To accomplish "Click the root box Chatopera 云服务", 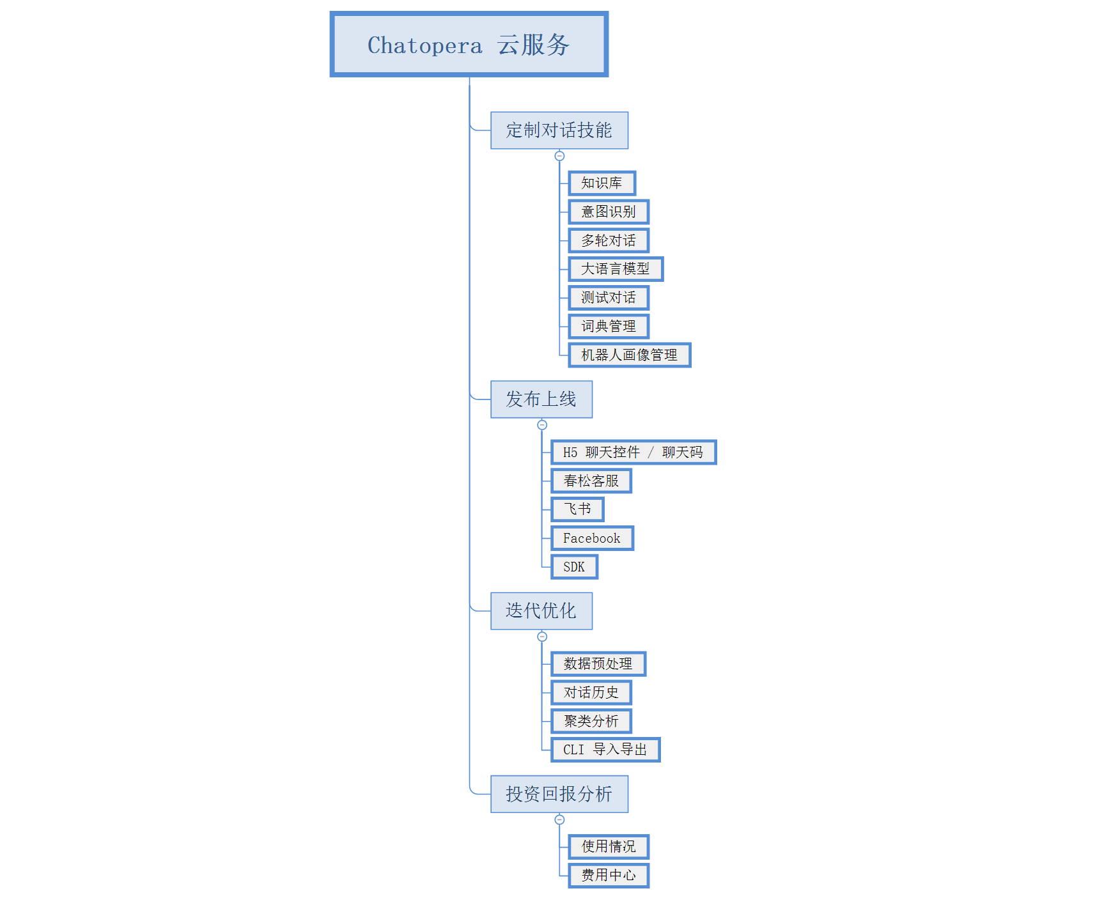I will point(469,45).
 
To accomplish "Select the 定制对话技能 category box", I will point(559,130).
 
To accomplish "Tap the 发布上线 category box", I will point(541,399).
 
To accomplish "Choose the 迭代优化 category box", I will point(541,611).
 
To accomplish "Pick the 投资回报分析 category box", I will point(559,794).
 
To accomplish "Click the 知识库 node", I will point(602,183).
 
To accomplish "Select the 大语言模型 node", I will point(616,269).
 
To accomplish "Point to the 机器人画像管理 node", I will point(629,355).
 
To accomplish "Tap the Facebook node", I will point(592,538).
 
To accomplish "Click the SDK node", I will point(574,567).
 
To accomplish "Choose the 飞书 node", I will point(577,509).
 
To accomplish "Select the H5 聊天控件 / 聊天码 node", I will point(633,453).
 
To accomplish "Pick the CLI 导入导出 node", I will point(605,750).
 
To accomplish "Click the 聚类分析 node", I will point(591,721).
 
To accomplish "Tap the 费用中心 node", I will point(609,875).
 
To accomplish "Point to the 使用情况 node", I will point(609,847).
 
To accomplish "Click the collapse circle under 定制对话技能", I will point(559,156).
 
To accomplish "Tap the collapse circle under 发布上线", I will point(542,425).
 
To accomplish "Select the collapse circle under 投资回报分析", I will point(559,819).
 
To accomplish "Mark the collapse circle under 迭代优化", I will point(542,637).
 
